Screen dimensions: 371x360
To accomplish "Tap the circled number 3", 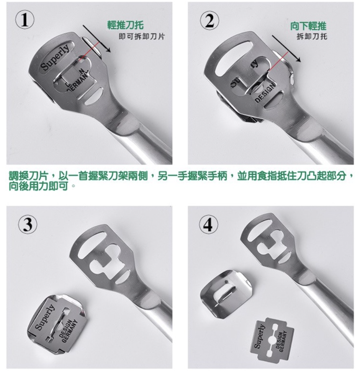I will point(26,224).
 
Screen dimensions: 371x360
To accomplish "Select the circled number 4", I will point(208,224).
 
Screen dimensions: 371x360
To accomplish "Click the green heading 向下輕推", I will point(308,26).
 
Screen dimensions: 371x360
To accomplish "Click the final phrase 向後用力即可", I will point(41,184).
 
